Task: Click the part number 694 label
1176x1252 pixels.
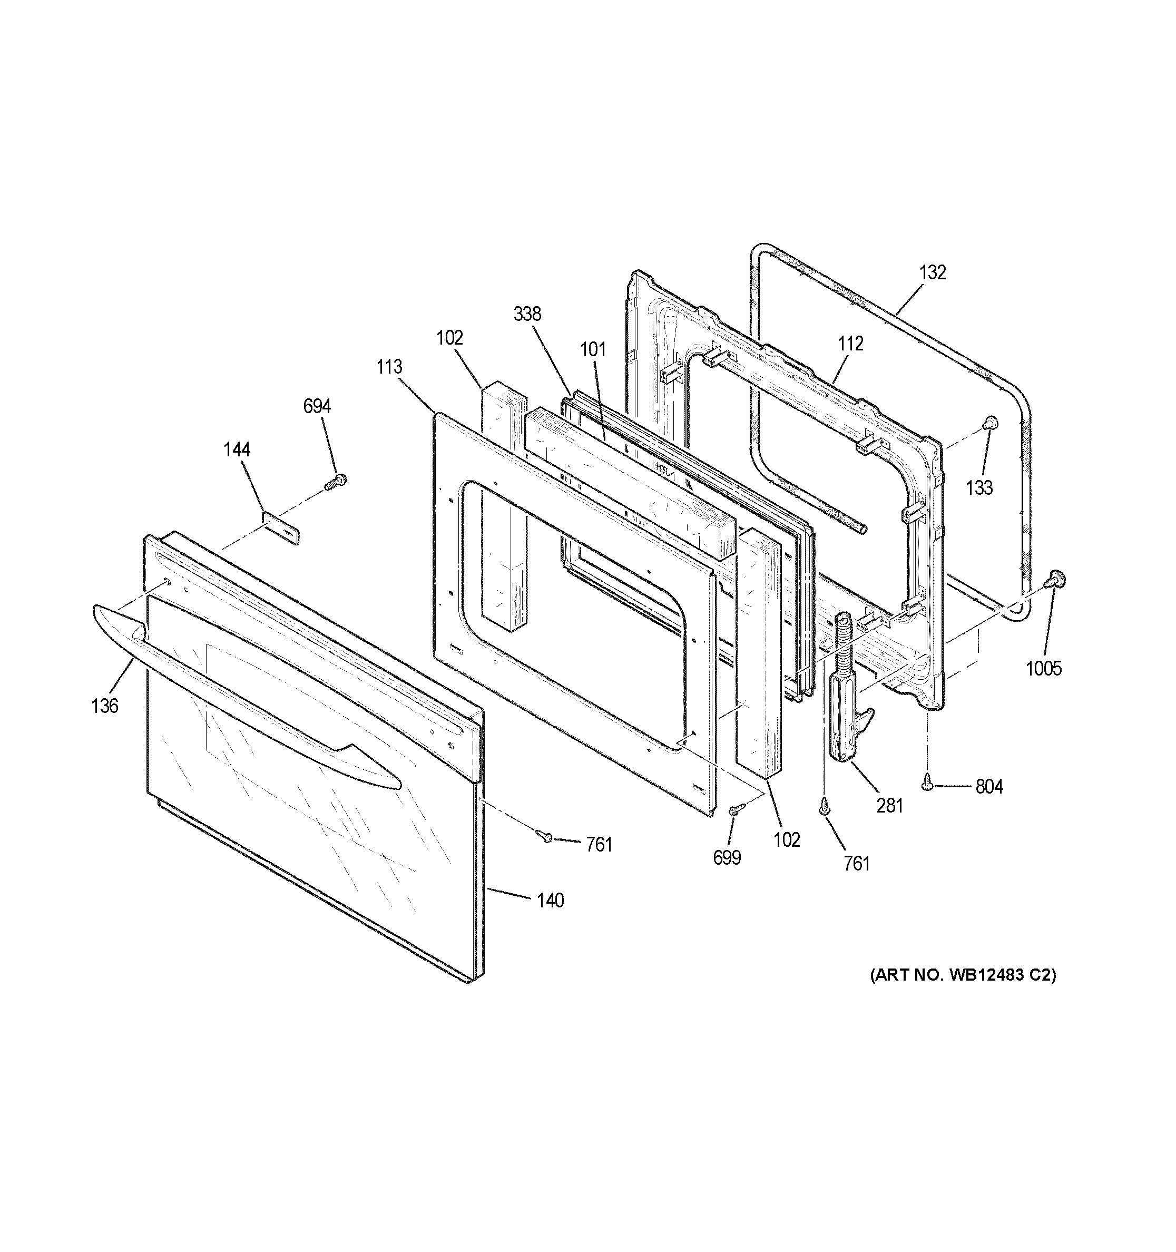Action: coord(317,407)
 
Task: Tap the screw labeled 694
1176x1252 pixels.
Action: coord(336,483)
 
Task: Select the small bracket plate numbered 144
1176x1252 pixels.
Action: coord(280,526)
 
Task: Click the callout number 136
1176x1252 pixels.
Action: coord(104,706)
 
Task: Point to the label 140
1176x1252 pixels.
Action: coord(550,901)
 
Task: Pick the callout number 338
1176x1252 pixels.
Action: coord(527,314)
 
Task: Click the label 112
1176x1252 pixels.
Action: coord(850,344)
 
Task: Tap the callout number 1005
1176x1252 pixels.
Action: coord(1044,668)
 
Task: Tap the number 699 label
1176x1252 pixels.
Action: coord(727,857)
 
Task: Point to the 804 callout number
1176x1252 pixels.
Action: coord(989,787)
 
